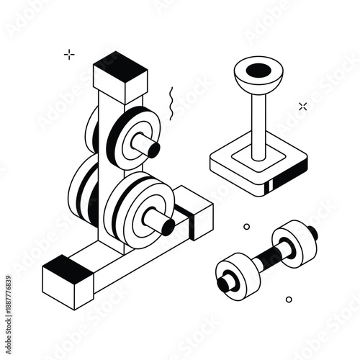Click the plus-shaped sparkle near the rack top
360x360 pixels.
69,53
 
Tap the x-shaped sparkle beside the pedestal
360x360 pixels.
303,107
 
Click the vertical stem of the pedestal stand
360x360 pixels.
258,122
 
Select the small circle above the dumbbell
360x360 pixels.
246,225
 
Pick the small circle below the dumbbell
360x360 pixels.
289,299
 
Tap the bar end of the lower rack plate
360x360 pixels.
168,228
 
